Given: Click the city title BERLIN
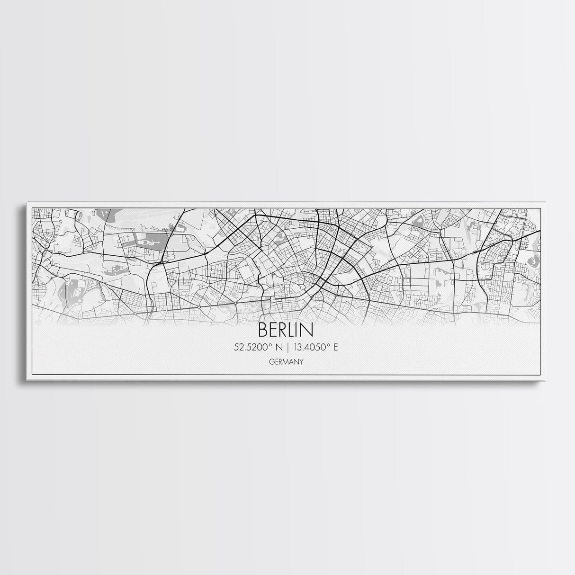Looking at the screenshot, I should pos(286,330).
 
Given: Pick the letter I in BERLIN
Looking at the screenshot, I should pos(300,330).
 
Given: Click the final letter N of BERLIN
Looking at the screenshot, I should pos(308,330).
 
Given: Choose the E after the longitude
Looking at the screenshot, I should pos(336,347).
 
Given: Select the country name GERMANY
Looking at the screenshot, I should pos(286,362).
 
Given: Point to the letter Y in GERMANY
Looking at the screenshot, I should pos(301,362).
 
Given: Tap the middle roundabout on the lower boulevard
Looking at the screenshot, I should pos(199,307).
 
